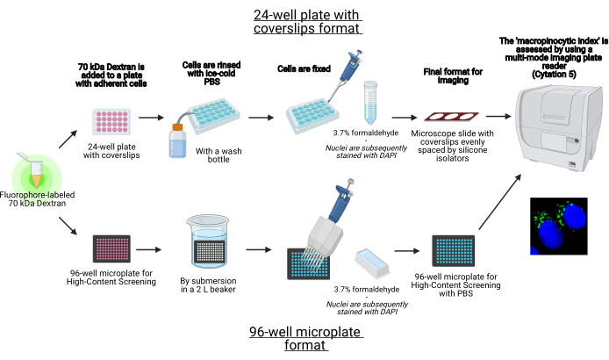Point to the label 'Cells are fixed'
tap(305, 68)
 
